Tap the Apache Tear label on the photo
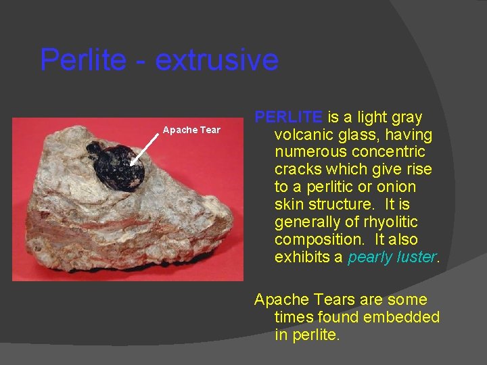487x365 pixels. (x=191, y=130)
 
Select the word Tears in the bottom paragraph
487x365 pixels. (x=331, y=299)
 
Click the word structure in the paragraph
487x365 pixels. (x=342, y=205)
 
